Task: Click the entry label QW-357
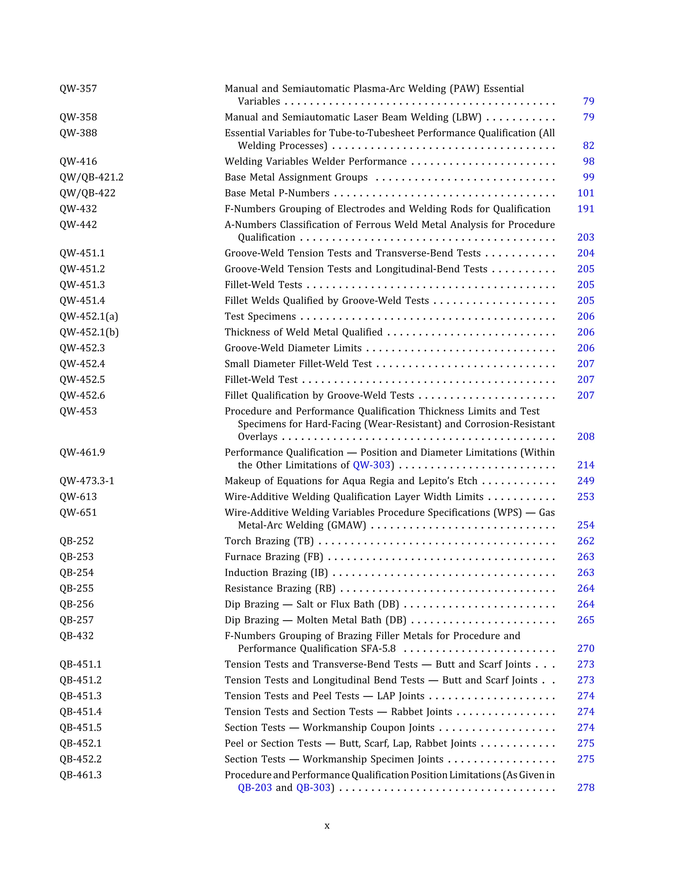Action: click(78, 89)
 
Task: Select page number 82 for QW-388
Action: click(588, 146)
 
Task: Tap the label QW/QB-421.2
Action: click(91, 177)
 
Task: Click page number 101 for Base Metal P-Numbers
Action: click(586, 193)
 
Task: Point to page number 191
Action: click(586, 209)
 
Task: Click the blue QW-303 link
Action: click(371, 465)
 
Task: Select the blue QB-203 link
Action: click(255, 788)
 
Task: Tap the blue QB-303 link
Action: click(313, 788)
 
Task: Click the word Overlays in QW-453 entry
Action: click(258, 437)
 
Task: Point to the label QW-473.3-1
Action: click(87, 481)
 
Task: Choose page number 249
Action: click(586, 481)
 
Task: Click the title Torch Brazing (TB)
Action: click(269, 541)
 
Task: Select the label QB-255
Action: click(77, 589)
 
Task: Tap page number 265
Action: click(586, 620)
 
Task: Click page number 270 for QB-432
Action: click(586, 649)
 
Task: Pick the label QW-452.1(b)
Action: click(89, 332)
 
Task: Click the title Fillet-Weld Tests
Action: click(263, 285)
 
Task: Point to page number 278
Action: click(586, 788)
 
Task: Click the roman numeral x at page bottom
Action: click(327, 826)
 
